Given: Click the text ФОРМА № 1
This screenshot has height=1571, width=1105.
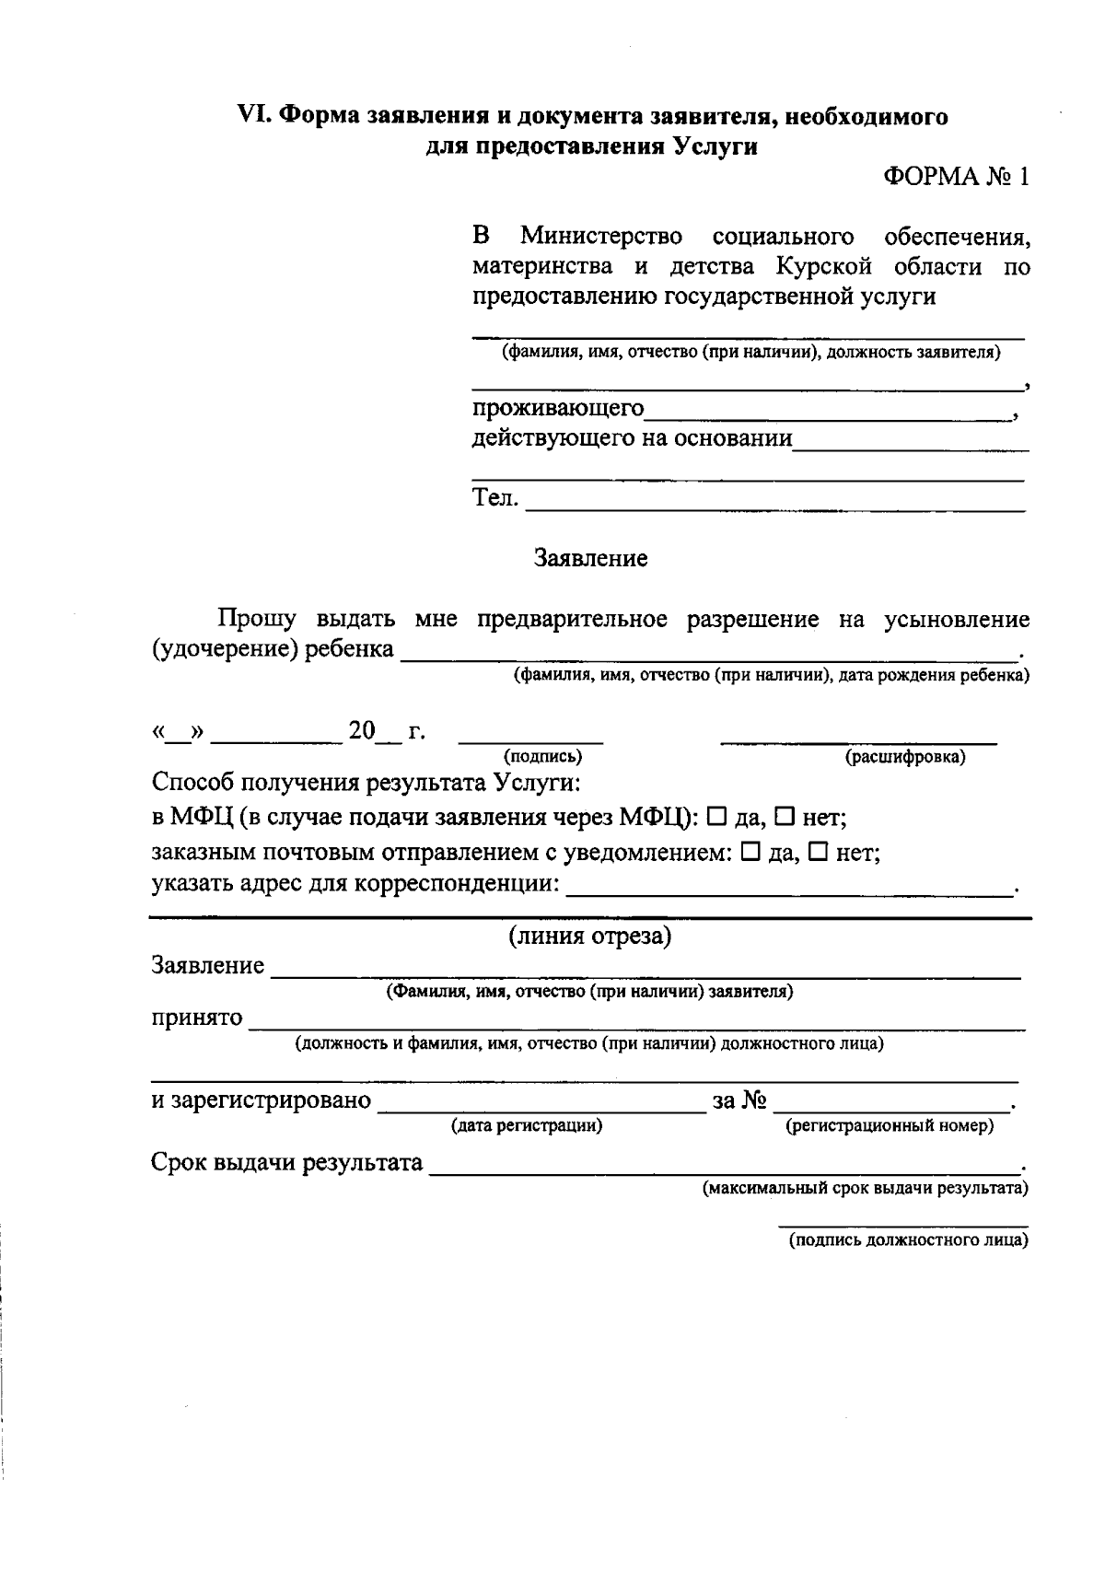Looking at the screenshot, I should tap(956, 178).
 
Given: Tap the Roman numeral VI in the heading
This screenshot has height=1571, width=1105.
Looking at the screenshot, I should tap(252, 117).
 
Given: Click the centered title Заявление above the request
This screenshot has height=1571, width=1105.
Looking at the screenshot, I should tap(590, 558).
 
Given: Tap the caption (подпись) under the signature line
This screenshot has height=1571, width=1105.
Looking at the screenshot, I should tap(542, 757).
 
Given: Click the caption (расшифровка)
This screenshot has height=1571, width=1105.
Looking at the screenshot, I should tap(905, 757).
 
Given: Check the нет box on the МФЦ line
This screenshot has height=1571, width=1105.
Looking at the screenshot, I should tap(785, 816).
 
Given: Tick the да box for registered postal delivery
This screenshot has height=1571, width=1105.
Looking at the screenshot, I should tap(750, 853).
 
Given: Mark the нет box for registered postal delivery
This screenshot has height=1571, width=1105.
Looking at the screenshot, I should tap(818, 853).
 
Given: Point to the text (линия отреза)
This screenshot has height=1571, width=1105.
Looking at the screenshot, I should tap(590, 937).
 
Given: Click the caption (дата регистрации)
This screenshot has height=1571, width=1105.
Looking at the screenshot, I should tap(527, 1125).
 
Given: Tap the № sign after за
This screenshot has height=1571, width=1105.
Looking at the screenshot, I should tap(753, 1100).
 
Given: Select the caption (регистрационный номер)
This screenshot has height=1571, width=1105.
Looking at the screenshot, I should tap(890, 1125).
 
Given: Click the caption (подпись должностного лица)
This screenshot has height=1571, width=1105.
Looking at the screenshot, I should tap(908, 1240).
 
